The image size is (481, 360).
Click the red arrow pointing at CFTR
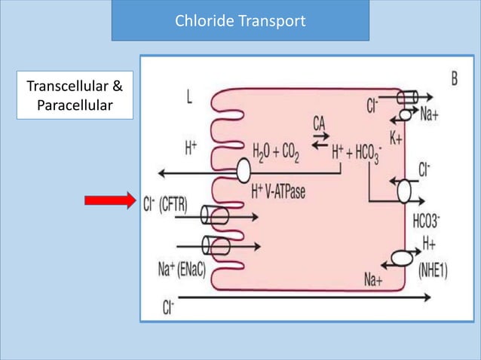[110, 200]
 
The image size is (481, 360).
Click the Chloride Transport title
[240, 21]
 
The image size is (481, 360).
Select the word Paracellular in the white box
[75, 105]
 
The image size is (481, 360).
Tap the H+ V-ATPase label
[278, 192]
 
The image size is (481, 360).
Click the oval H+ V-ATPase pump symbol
[244, 171]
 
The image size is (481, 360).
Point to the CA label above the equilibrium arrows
[319, 124]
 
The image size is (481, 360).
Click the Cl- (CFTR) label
[165, 204]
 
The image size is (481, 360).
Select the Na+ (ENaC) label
[182, 269]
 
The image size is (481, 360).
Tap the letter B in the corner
[455, 79]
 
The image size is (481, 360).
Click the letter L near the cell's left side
[189, 97]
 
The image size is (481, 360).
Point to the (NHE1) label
[433, 270]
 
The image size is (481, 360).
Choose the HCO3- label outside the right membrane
[427, 221]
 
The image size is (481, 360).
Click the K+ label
[396, 139]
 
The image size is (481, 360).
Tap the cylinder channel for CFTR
[214, 215]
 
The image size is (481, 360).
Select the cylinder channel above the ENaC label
[216, 246]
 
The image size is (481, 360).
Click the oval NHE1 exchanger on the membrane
[402, 258]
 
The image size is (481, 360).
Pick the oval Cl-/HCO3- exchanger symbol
[404, 191]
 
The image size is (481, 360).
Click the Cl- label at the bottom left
[168, 307]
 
